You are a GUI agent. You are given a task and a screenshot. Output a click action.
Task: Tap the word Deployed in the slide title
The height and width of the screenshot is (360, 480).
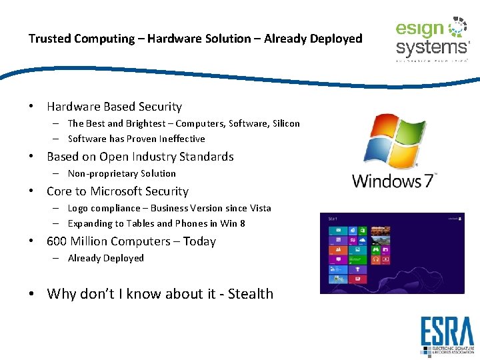point(337,39)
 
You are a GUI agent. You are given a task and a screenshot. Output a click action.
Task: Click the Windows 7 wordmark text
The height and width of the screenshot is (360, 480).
point(393,180)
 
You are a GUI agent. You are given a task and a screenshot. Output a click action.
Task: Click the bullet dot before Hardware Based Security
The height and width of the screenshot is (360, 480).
point(31,107)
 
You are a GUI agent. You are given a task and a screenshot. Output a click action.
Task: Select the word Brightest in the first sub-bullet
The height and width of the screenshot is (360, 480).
point(146,123)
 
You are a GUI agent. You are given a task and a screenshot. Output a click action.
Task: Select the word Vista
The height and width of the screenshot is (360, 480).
point(259,208)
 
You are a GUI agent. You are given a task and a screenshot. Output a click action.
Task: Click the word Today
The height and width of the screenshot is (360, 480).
point(199,241)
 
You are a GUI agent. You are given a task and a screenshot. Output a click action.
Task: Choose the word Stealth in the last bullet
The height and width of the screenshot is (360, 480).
point(251,294)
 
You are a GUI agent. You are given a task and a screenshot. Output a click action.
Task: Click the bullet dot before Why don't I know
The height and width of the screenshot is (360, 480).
point(31,294)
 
